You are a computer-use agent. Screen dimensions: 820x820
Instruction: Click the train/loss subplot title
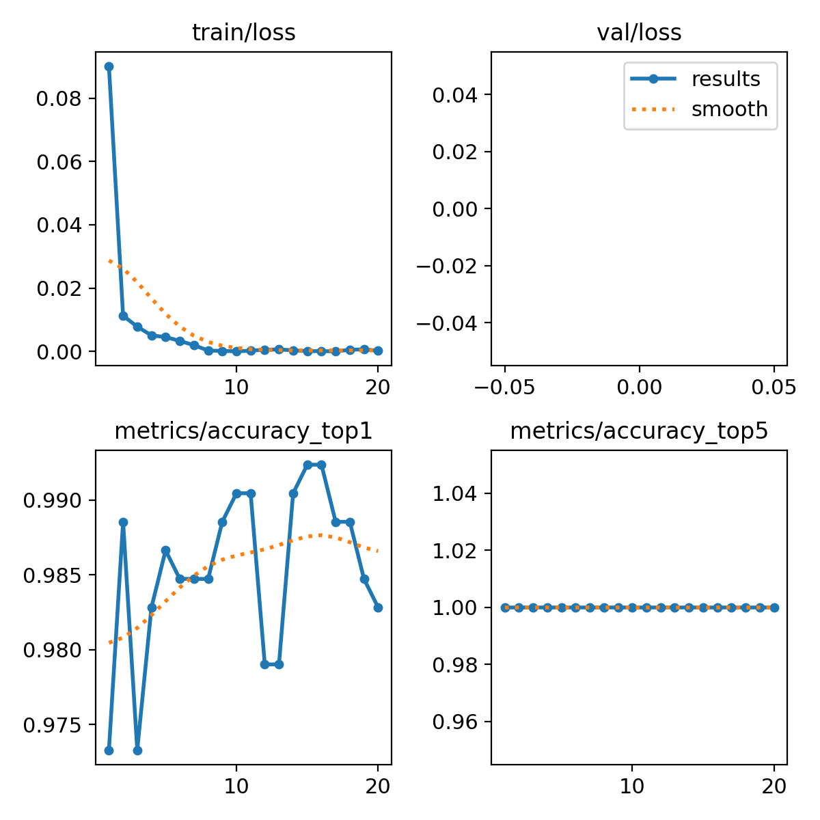point(244,33)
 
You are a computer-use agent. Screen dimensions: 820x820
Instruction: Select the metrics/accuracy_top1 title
point(244,431)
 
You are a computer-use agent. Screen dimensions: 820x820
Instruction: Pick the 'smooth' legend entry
point(729,109)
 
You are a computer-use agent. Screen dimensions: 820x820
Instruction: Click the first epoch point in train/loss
point(109,66)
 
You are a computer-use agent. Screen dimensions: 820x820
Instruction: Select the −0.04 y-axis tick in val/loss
point(454,323)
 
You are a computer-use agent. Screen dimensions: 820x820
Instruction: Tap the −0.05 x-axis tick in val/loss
point(504,388)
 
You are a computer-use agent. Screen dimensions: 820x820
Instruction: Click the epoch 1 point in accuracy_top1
point(109,750)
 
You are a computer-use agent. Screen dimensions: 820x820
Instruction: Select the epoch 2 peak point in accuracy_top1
point(123,522)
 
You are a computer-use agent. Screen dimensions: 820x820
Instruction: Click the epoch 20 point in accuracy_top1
point(378,607)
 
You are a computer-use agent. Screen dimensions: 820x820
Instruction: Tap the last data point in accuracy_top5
point(774,607)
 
